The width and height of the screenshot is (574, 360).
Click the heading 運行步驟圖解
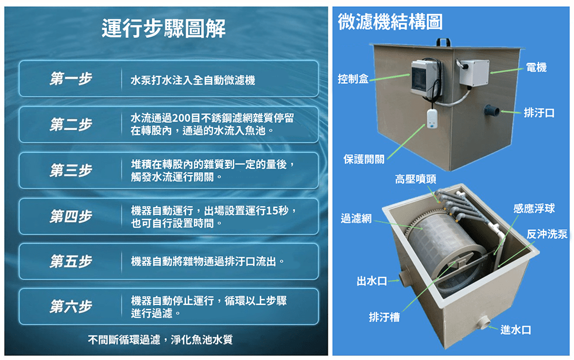pos(163,29)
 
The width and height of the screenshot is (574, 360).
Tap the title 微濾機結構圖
pos(390,22)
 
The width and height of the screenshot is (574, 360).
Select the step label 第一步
pos(71,79)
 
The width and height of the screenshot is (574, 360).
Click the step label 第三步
pos(71,171)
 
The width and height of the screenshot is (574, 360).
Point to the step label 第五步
pos(71,261)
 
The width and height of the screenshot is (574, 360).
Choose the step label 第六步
pos(71,307)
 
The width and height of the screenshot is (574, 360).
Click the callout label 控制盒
pos(353,79)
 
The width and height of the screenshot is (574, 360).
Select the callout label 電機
pos(536,67)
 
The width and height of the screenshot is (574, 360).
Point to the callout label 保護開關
pos(364,159)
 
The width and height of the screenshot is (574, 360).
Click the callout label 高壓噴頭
pos(416,179)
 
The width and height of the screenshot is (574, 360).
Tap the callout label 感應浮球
pos(534,208)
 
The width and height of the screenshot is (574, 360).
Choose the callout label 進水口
pos(516,330)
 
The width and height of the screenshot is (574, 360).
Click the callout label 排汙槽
pos(385,317)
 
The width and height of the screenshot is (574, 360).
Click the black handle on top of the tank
pos(443,41)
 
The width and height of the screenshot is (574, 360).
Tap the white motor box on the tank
pos(474,72)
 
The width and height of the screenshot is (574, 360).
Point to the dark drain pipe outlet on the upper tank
pos(492,110)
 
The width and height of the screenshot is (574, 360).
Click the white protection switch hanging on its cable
pos(432,119)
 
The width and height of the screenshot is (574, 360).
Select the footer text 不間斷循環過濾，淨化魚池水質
pos(160,339)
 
